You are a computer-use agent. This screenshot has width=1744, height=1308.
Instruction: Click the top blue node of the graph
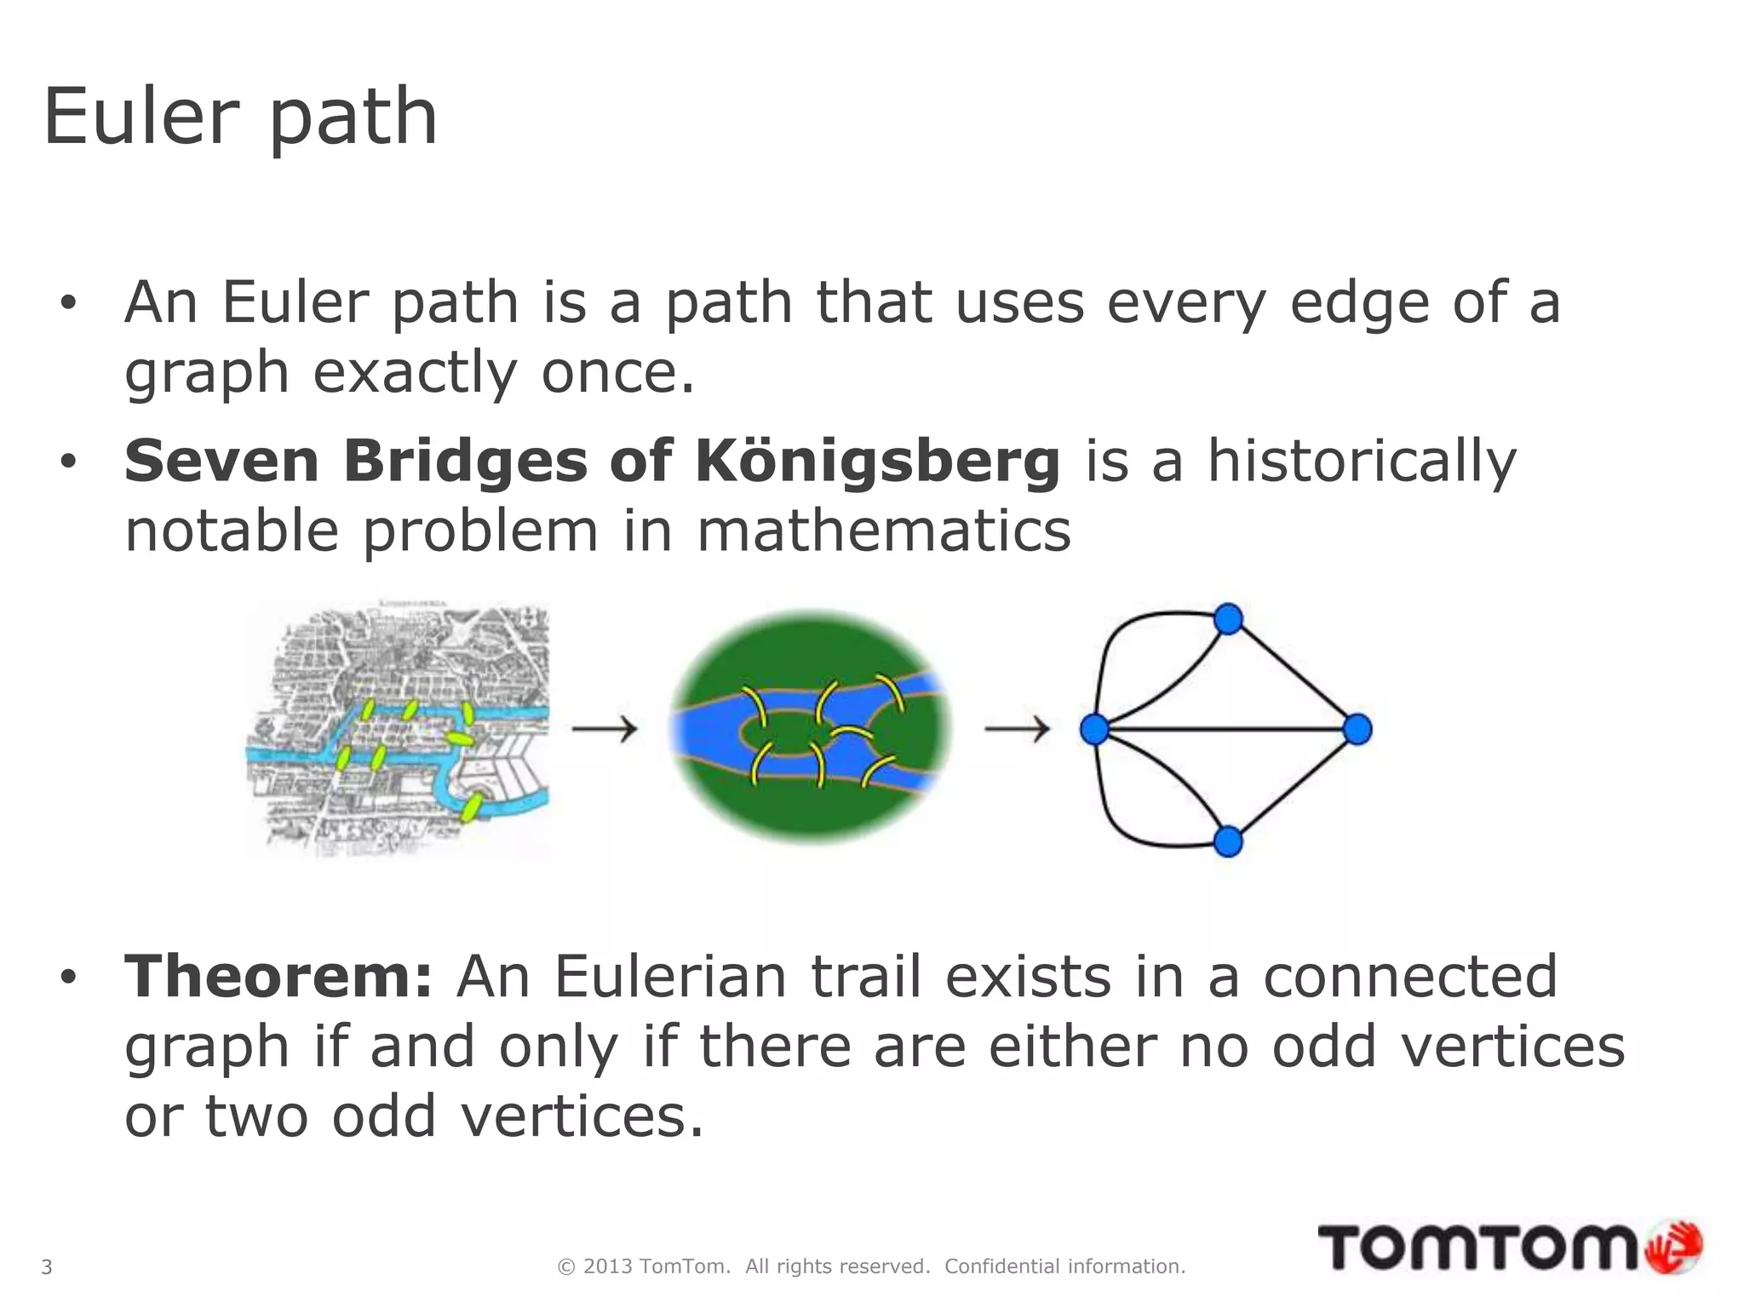click(x=1228, y=619)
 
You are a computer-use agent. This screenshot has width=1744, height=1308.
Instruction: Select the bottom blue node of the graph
click(x=1228, y=841)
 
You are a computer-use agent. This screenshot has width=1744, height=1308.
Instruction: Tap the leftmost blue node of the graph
click(x=1094, y=729)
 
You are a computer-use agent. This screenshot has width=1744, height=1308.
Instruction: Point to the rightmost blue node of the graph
click(x=1357, y=729)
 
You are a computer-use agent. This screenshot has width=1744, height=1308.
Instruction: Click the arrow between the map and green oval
click(x=605, y=729)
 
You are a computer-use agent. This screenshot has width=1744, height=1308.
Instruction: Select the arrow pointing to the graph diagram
click(x=1017, y=729)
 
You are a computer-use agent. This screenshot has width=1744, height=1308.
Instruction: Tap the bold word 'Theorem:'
click(x=278, y=977)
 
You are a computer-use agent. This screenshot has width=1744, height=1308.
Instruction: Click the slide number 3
click(x=47, y=1267)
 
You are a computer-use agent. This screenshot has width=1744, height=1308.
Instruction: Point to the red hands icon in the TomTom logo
click(x=1674, y=1248)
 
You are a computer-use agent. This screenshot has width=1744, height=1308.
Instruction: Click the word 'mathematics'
click(x=883, y=531)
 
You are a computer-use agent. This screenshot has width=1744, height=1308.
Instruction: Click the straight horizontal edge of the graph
click(x=1226, y=729)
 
